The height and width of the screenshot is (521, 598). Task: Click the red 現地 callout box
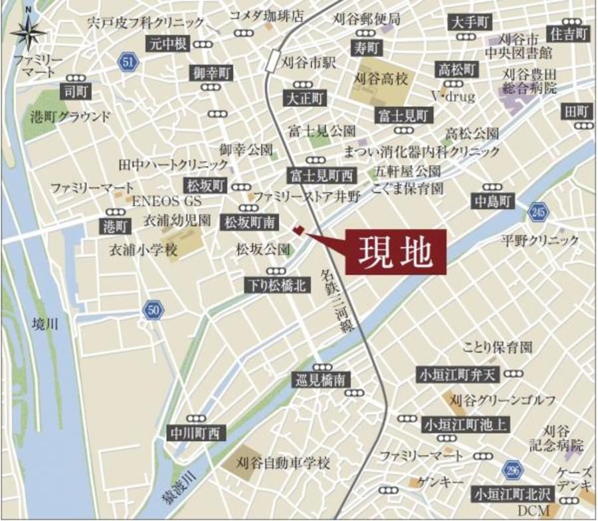[395, 252]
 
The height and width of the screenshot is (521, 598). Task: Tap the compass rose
[29, 30]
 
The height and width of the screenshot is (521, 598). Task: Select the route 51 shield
[128, 62]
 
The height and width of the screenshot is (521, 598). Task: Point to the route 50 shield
[153, 310]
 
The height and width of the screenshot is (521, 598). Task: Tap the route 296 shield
[512, 469]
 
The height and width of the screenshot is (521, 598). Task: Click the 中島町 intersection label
[493, 201]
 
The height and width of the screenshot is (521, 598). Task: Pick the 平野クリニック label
[540, 240]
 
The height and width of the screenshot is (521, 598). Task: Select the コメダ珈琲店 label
[266, 15]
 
